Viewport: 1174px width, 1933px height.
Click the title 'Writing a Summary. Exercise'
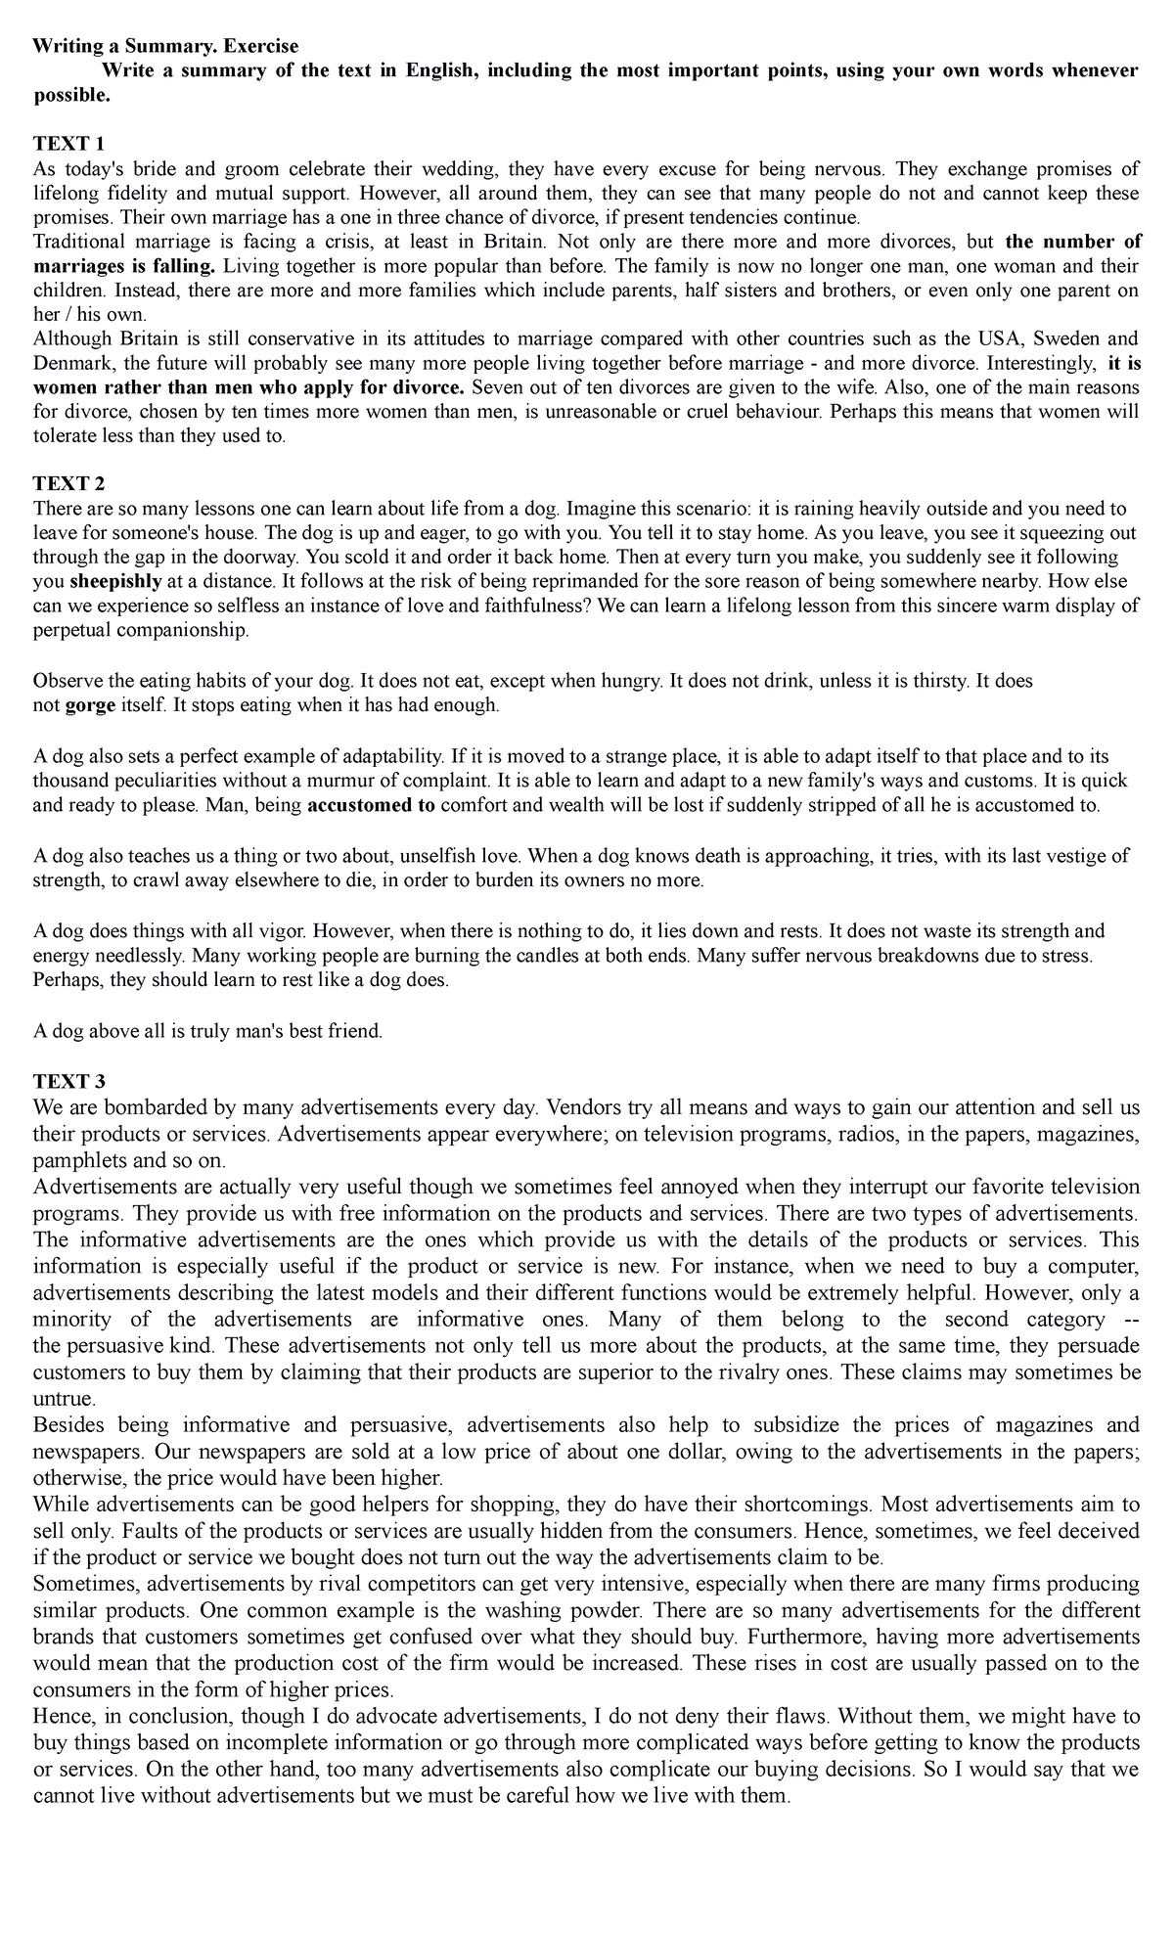tap(165, 46)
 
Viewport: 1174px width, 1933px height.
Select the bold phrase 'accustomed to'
tap(372, 805)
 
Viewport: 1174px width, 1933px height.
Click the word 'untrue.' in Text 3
tap(64, 1399)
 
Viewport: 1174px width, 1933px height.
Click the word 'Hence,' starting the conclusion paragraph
tap(63, 1716)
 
